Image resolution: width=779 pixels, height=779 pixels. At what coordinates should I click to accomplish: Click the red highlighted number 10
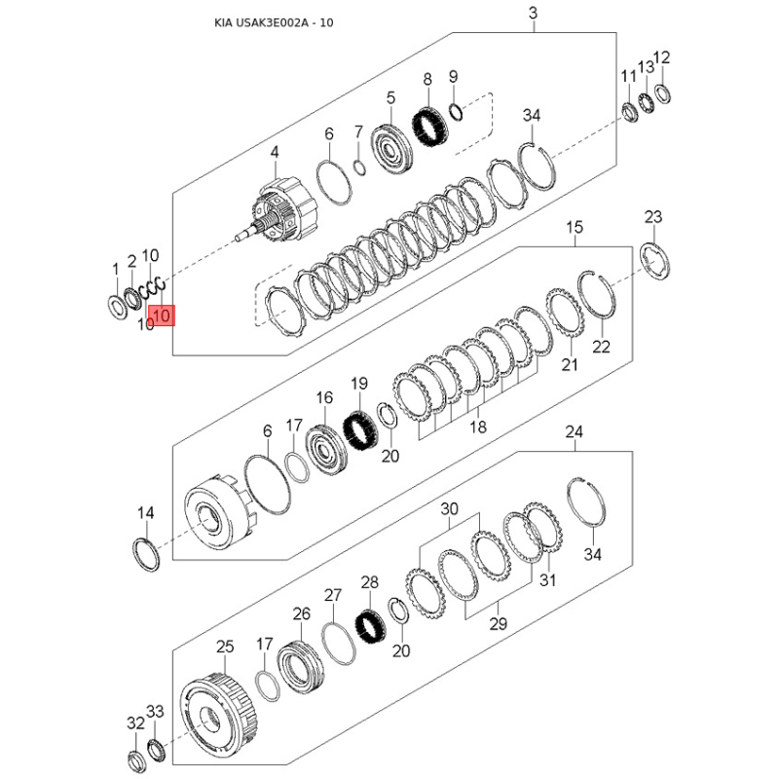[162, 315]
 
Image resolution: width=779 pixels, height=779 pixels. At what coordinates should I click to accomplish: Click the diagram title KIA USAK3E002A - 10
[274, 22]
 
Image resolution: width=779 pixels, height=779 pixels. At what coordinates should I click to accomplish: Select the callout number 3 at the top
[533, 13]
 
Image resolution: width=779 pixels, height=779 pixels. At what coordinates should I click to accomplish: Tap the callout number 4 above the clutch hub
[275, 153]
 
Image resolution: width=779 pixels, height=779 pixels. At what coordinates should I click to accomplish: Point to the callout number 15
[575, 228]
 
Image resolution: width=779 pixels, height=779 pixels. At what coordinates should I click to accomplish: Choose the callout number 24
[574, 432]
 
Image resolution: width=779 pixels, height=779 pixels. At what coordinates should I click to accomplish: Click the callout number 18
[478, 427]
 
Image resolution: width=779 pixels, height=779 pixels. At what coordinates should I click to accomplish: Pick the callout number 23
[653, 217]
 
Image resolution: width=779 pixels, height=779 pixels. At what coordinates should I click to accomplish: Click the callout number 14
[145, 513]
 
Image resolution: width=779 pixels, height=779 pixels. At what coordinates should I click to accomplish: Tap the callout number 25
[225, 647]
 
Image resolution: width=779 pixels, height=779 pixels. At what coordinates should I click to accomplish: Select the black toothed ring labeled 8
[430, 128]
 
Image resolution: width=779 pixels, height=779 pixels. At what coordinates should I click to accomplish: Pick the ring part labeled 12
[662, 93]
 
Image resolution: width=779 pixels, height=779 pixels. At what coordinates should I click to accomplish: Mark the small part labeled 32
[136, 762]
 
